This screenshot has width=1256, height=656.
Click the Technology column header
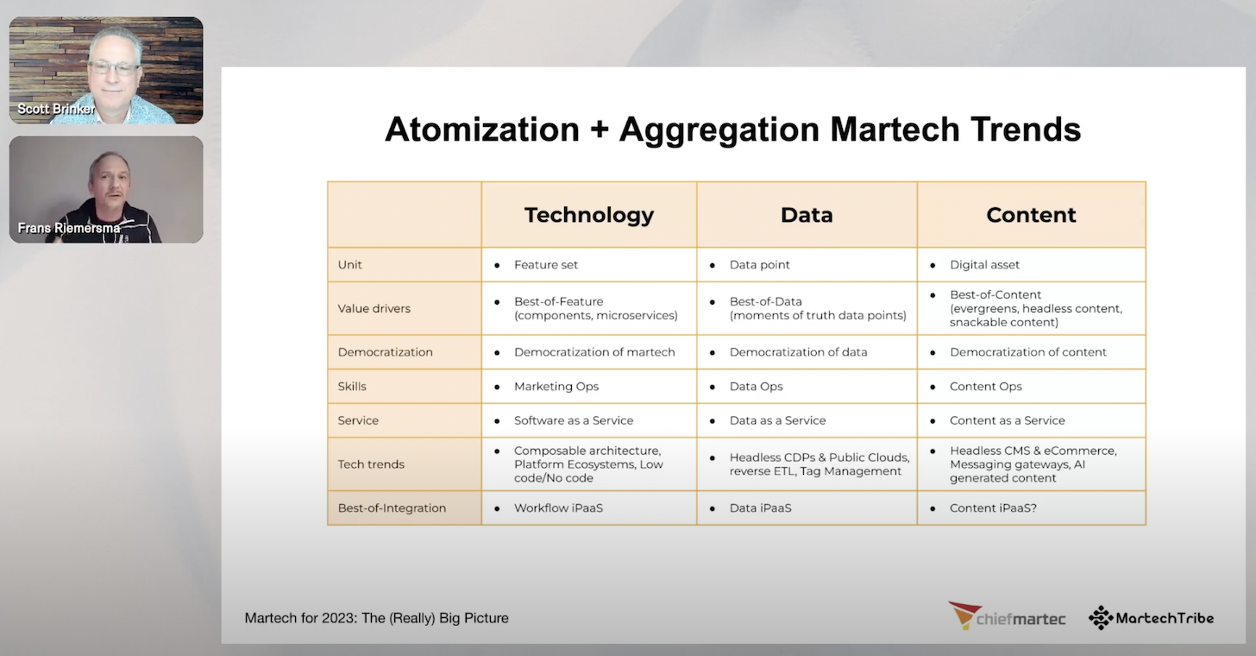coord(588,215)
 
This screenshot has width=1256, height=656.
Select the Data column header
coord(806,215)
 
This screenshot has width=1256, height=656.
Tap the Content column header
coord(1031,215)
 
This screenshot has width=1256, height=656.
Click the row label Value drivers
coord(374,308)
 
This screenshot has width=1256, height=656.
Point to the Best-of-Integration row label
coord(392,508)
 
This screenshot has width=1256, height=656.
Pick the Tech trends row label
coord(371,464)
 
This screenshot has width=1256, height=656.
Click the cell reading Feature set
coord(546,265)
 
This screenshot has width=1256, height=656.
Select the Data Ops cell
coord(756,386)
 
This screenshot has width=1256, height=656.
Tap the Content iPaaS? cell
coord(993,508)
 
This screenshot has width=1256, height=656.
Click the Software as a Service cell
coord(574,420)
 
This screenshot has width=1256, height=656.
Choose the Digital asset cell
coord(984,265)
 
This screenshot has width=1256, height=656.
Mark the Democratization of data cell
coord(798,352)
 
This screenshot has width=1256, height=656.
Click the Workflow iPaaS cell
coord(558,508)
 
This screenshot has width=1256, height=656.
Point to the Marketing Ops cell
coord(556,386)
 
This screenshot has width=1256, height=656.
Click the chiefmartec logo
coord(1007,616)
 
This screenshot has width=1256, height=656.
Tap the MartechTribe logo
coord(1151,617)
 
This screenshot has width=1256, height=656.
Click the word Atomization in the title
coord(481,129)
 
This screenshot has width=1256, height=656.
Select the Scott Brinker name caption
coord(56,110)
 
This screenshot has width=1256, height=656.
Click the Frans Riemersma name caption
coord(68,229)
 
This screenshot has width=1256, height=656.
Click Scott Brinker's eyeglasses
coord(114,67)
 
